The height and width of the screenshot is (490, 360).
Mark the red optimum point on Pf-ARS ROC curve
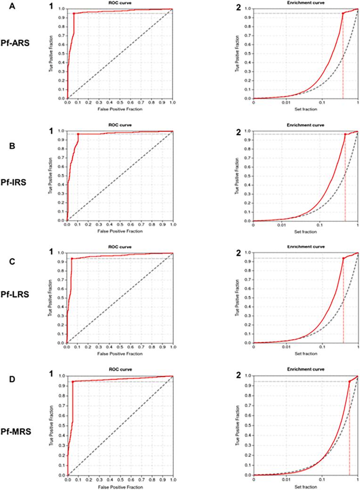[x=74, y=14]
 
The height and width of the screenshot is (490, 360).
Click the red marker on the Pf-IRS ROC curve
[x=78, y=134]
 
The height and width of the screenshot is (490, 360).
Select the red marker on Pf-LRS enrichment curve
[x=343, y=258]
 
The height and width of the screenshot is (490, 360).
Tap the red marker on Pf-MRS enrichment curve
[x=349, y=382]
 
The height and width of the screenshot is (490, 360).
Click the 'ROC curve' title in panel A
[x=120, y=3]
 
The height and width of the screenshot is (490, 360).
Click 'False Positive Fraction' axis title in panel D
[x=120, y=486]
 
